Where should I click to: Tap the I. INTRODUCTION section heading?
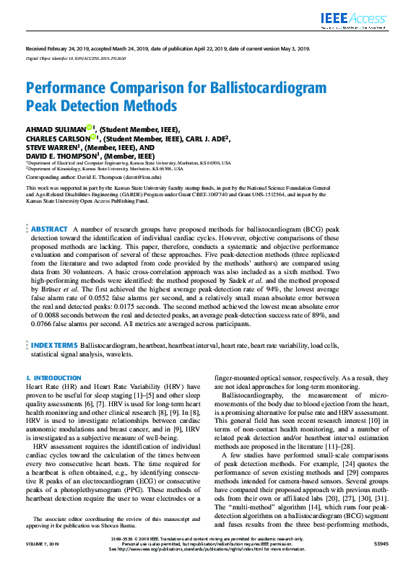pos(54,378)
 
